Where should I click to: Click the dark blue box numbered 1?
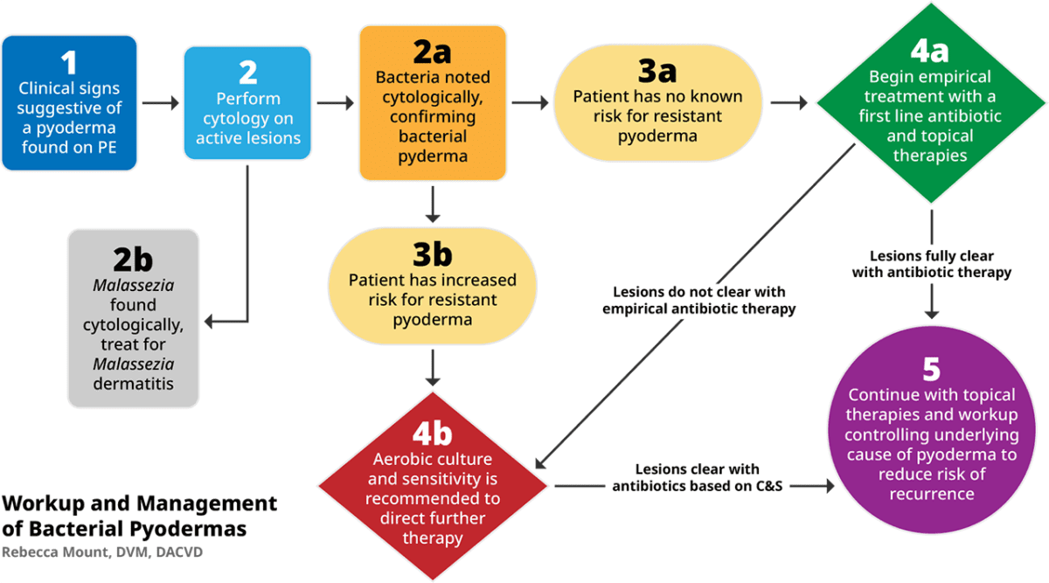click(x=69, y=103)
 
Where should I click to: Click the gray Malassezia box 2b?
click(x=133, y=318)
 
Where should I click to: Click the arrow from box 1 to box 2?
click(x=160, y=104)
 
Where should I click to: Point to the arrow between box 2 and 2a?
click(x=335, y=104)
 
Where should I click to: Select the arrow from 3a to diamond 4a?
click(x=789, y=104)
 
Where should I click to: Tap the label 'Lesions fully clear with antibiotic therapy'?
click(x=931, y=264)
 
